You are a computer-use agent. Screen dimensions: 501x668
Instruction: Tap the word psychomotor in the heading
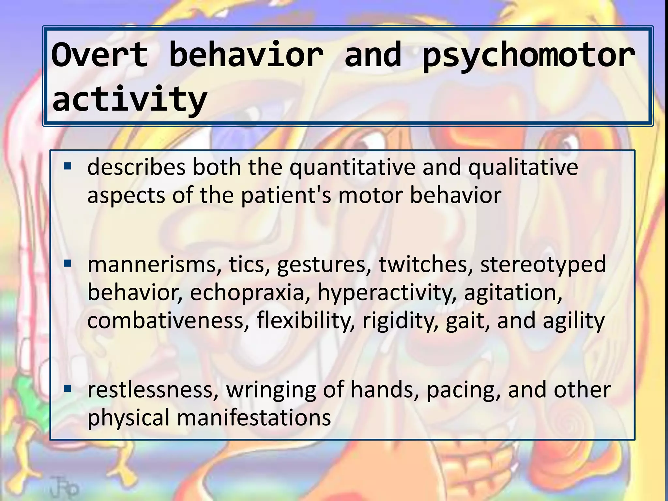529,56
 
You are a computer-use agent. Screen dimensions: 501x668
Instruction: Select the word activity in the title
129,99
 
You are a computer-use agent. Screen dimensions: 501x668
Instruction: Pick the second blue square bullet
68,263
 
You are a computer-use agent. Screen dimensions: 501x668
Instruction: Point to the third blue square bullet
68,388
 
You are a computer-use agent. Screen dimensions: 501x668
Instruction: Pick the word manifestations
254,418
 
